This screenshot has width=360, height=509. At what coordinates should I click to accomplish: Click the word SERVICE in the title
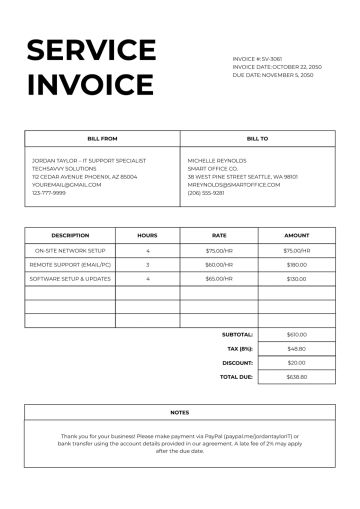[91, 51]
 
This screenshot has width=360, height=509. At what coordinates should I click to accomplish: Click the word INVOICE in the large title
[91, 84]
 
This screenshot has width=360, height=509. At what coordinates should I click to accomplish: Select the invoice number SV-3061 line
[257, 59]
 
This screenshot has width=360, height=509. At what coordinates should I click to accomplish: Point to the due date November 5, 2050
[273, 75]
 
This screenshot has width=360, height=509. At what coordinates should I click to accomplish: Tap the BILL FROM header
[102, 139]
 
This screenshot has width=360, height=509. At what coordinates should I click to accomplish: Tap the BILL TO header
[257, 139]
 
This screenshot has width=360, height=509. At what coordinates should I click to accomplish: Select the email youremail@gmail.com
[67, 184]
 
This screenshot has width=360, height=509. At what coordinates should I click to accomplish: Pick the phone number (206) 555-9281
[206, 192]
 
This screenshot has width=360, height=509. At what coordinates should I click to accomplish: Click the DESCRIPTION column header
[70, 235]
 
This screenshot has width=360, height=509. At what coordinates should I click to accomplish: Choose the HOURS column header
[147, 235]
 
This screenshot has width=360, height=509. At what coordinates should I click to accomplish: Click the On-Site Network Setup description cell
[70, 250]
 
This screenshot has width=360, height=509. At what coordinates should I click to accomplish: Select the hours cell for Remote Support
[147, 264]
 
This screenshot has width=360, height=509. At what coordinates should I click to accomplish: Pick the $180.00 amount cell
[296, 264]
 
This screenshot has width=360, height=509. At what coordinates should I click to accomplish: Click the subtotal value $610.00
[296, 334]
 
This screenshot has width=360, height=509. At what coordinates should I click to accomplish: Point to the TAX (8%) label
[241, 348]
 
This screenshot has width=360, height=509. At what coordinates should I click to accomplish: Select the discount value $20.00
[296, 362]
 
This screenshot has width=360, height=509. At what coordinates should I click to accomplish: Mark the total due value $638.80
[296, 377]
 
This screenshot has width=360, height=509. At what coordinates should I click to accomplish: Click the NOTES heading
[180, 412]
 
